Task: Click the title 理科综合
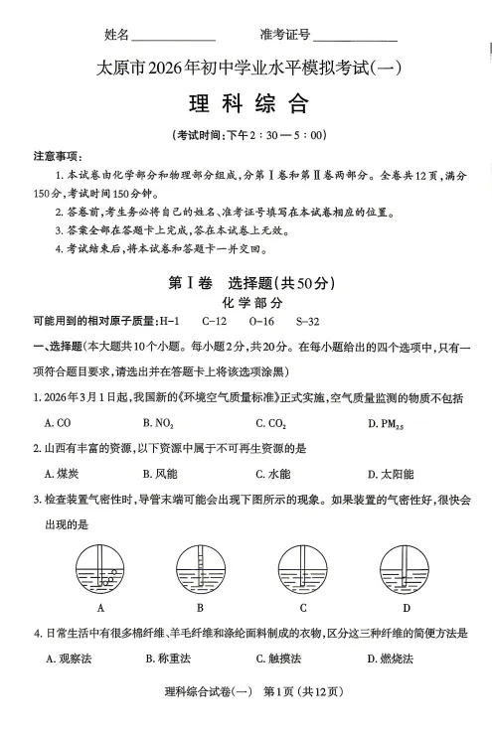pyautogui.click(x=247, y=103)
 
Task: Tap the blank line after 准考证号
pyautogui.click(x=355, y=36)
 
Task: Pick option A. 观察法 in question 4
pyautogui.click(x=69, y=658)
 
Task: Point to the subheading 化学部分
pyautogui.click(x=246, y=302)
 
